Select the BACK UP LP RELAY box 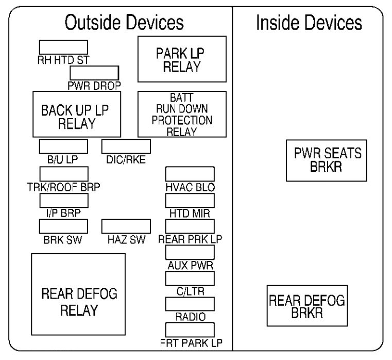point(77,114)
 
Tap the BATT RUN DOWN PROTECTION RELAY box point(182,114)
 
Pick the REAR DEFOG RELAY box point(78,301)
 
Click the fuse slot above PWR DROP point(94,72)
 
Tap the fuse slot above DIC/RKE point(126,146)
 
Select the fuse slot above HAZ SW point(126,226)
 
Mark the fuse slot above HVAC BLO point(190,174)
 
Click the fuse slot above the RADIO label point(190,304)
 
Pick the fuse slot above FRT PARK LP point(190,330)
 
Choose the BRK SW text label point(63,239)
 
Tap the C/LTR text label point(190,291)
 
